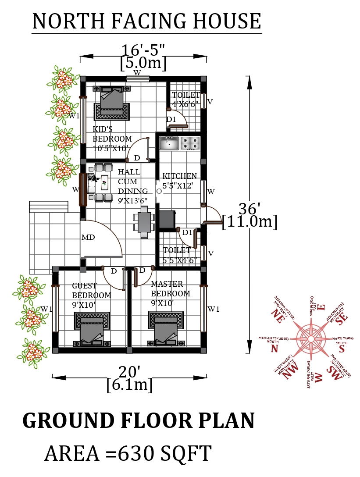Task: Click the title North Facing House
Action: click(146, 21)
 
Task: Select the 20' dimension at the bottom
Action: click(130, 373)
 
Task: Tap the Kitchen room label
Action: click(180, 181)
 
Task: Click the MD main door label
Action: click(88, 237)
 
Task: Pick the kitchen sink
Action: click(169, 143)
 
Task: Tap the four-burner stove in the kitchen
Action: click(191, 143)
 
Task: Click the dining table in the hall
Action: click(144, 222)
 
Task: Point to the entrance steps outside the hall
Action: click(48, 206)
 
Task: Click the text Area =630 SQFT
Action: click(128, 453)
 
